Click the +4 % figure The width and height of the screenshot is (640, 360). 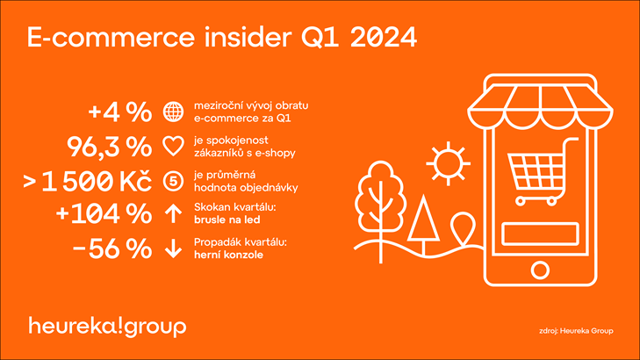pyautogui.click(x=119, y=112)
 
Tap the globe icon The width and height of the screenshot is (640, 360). pyautogui.click(x=174, y=112)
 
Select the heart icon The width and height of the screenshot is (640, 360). pyautogui.click(x=174, y=146)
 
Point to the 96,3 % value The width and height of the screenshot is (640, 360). pyautogui.click(x=109, y=147)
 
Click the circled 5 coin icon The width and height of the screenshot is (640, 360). pyautogui.click(x=174, y=181)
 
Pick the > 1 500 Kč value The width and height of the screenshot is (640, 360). pyautogui.click(x=87, y=181)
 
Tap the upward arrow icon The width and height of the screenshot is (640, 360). pyautogui.click(x=174, y=213)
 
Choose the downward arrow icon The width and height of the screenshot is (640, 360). pyautogui.click(x=174, y=248)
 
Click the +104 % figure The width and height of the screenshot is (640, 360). pyautogui.click(x=104, y=213)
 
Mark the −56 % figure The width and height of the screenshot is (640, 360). pyautogui.click(x=111, y=248)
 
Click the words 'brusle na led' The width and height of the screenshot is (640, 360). pyautogui.click(x=227, y=220)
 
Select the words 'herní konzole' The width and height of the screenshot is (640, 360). pyautogui.click(x=228, y=256)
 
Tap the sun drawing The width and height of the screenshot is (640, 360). pyautogui.click(x=448, y=163)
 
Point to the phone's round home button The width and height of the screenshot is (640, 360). pyautogui.click(x=540, y=270)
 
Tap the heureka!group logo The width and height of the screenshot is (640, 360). pyautogui.click(x=107, y=327)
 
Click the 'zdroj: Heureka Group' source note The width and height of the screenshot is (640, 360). pyautogui.click(x=576, y=331)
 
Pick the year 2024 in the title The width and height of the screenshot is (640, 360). pyautogui.click(x=384, y=38)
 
